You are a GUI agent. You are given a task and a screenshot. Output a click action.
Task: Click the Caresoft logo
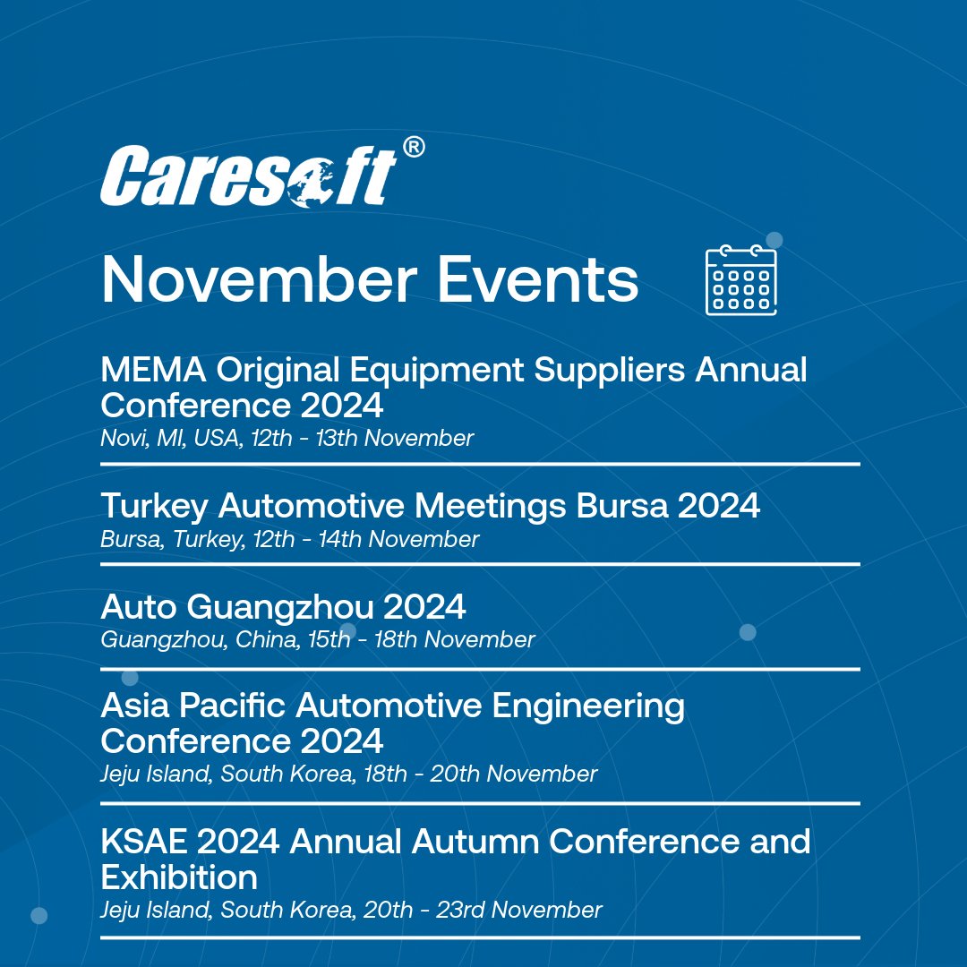pyautogui.click(x=248, y=175)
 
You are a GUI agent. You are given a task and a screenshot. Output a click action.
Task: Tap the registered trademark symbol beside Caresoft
pyautogui.click(x=413, y=149)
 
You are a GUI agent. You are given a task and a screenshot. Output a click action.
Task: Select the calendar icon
pyautogui.click(x=740, y=280)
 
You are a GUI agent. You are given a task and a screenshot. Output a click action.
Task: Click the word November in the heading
pyautogui.click(x=259, y=280)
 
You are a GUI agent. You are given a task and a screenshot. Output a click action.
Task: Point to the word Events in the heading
pyautogui.click(x=538, y=280)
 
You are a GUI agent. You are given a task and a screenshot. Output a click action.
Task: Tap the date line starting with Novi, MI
pyautogui.click(x=287, y=438)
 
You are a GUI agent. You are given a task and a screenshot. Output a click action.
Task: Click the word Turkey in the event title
pyautogui.click(x=154, y=506)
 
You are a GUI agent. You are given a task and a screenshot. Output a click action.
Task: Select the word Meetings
pyautogui.click(x=490, y=506)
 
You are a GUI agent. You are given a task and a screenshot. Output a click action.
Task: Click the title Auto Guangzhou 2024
pyautogui.click(x=284, y=607)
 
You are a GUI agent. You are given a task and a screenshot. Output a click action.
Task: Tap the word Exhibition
pyautogui.click(x=179, y=876)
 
